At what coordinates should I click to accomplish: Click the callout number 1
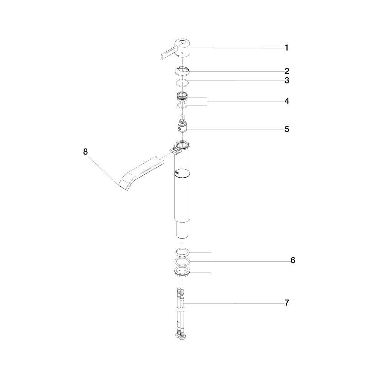pyautogui.click(x=287, y=48)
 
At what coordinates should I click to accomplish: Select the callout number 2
pyautogui.click(x=287, y=71)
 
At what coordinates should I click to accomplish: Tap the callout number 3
pyautogui.click(x=287, y=80)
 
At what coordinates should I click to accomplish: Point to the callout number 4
pyautogui.click(x=287, y=101)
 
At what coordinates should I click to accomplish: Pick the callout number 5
pyautogui.click(x=287, y=129)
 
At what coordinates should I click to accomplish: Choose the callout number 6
pyautogui.click(x=293, y=260)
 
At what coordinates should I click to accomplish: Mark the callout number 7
pyautogui.click(x=287, y=303)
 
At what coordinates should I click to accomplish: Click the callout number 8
pyautogui.click(x=85, y=152)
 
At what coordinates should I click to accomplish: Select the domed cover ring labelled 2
pyautogui.click(x=183, y=71)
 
